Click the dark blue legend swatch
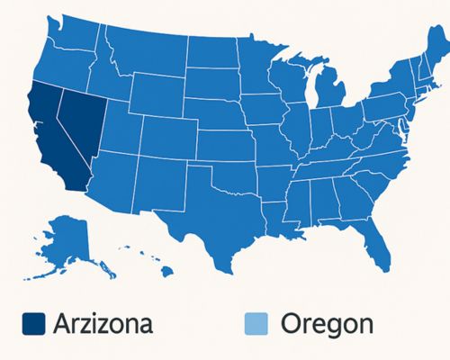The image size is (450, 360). (32, 322)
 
